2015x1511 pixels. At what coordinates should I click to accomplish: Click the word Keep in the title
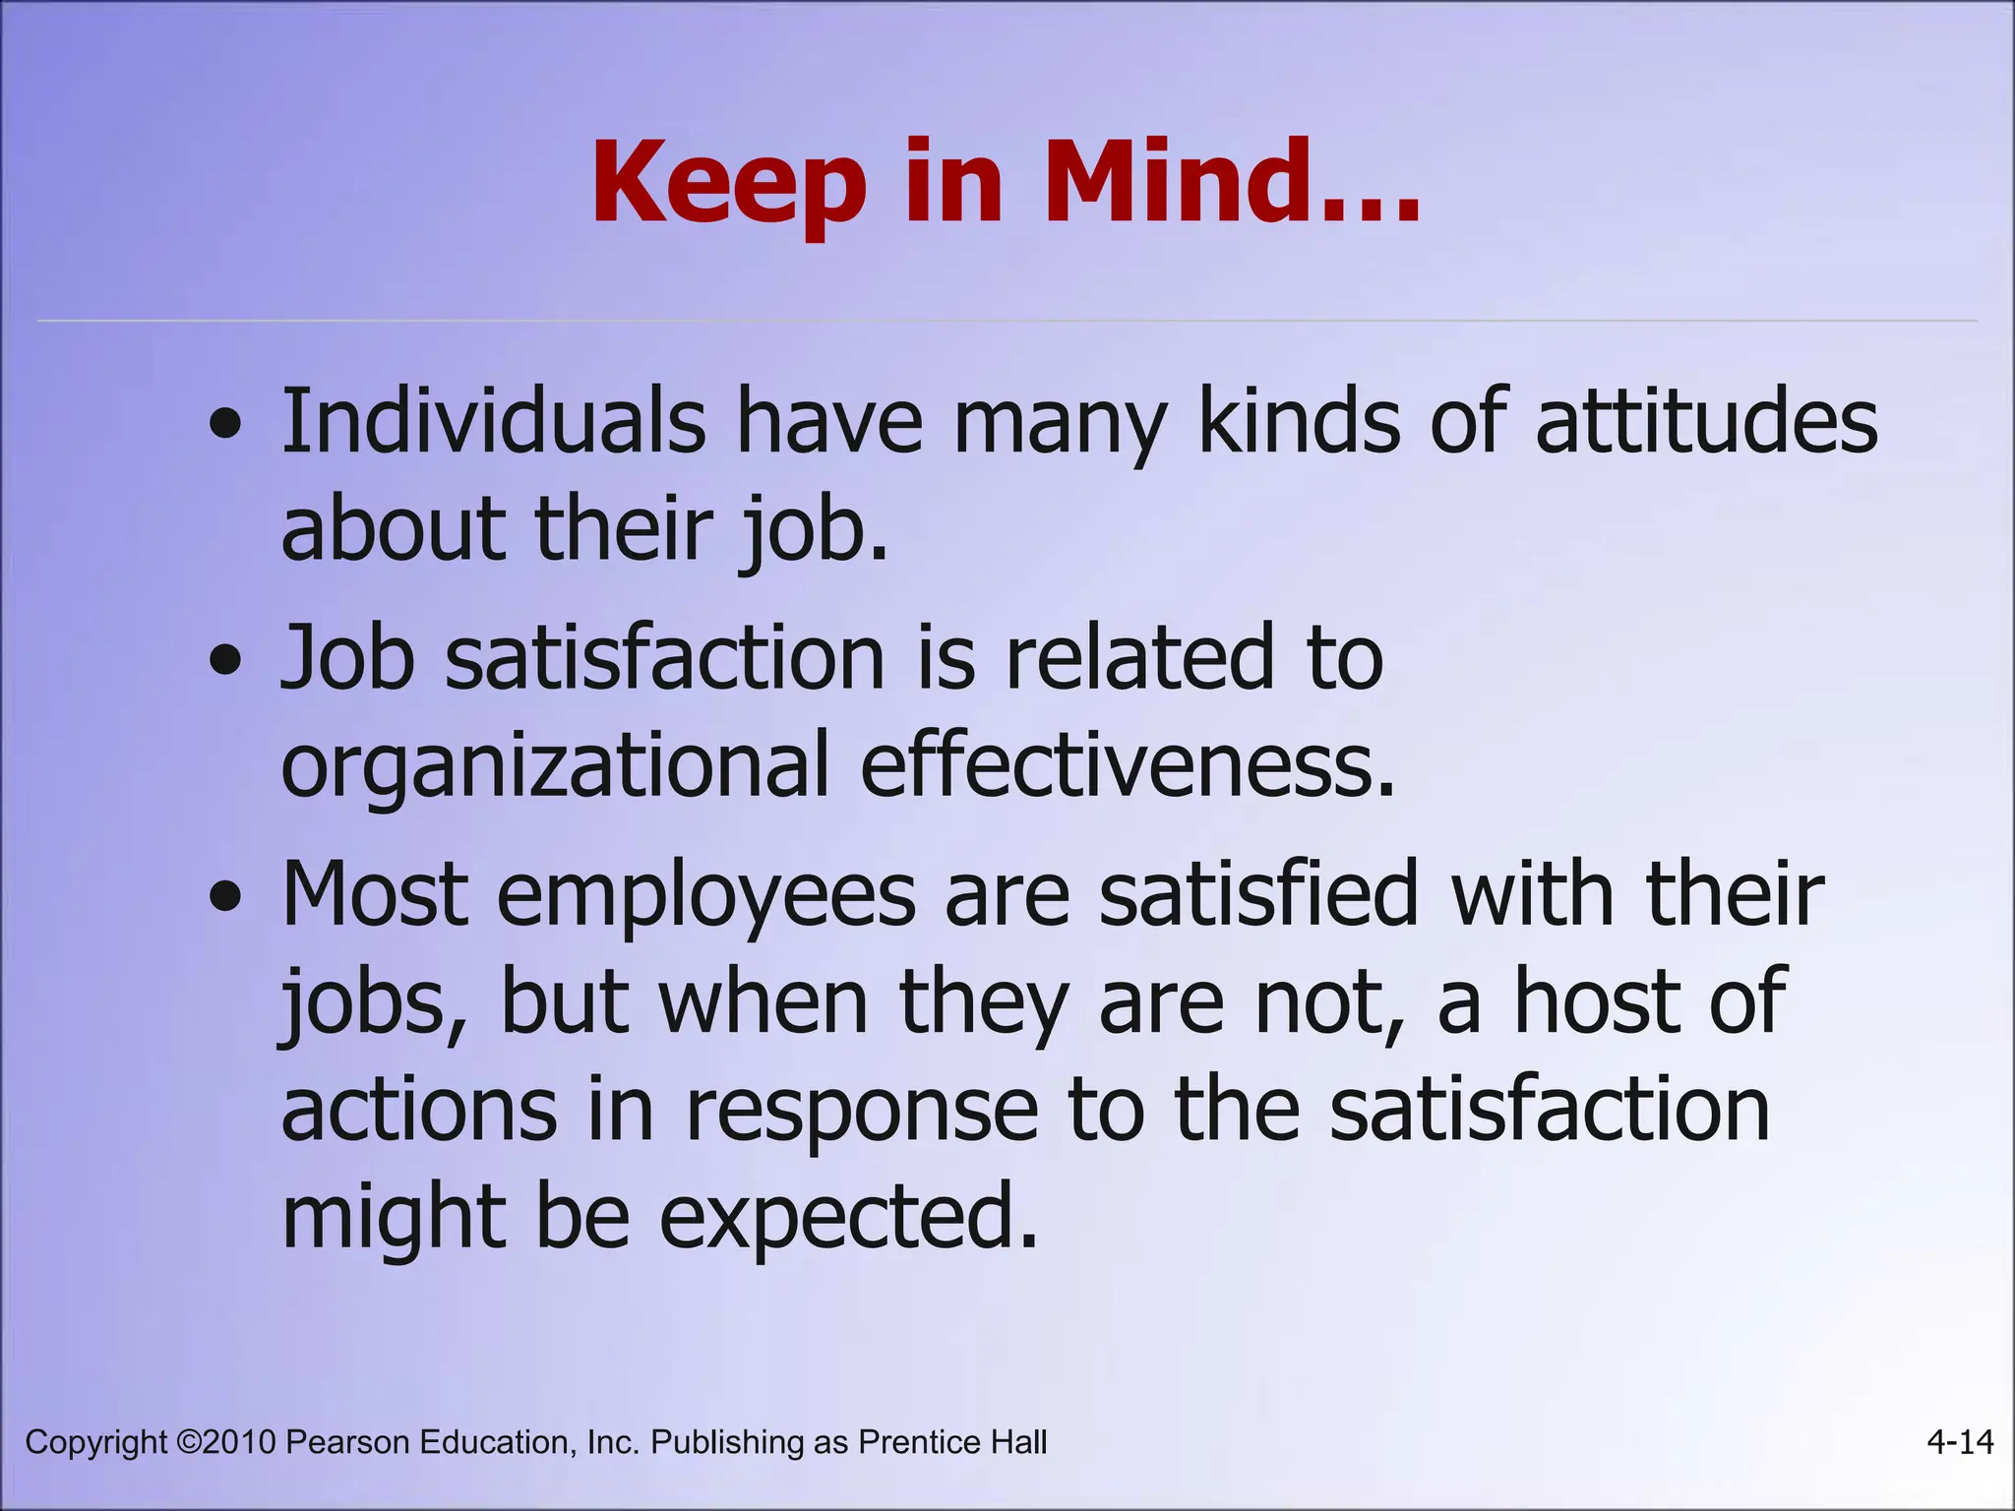click(x=729, y=185)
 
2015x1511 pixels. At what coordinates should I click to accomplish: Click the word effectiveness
click(x=1128, y=765)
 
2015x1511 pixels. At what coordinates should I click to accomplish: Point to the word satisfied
click(x=1259, y=893)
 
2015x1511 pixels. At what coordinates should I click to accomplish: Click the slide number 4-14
click(x=1960, y=1442)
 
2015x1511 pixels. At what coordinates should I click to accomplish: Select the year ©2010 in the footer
click(x=226, y=1442)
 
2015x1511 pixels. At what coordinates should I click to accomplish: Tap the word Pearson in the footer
click(x=348, y=1442)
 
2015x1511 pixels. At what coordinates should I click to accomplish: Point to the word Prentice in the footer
click(x=920, y=1442)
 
